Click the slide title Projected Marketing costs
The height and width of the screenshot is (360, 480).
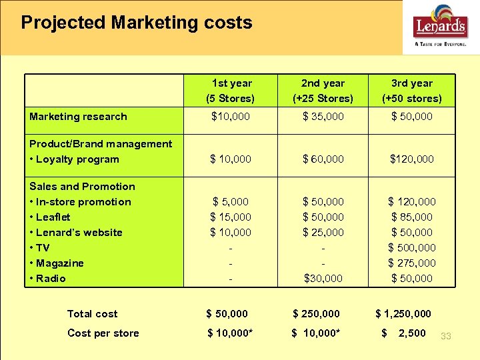(137, 23)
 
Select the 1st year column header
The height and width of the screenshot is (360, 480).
(231, 91)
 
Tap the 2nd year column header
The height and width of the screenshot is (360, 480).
(323, 91)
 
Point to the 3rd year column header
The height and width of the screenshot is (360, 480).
(411, 91)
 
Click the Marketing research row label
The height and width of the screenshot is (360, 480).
(78, 117)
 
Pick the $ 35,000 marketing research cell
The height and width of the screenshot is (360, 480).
(323, 117)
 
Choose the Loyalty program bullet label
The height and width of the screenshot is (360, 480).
(74, 159)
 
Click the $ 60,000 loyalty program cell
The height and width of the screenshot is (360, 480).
(323, 159)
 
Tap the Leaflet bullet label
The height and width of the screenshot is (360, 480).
(50, 217)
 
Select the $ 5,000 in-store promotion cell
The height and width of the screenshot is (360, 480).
(231, 202)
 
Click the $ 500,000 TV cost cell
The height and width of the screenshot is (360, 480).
(412, 248)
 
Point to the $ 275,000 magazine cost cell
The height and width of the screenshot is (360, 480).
(412, 263)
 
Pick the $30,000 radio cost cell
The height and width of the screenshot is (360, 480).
(323, 279)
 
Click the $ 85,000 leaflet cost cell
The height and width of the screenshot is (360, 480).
(412, 217)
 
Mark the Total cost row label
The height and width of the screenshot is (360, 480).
(92, 314)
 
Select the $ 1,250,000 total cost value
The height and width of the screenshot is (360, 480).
(403, 314)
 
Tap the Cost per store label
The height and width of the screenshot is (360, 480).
(103, 333)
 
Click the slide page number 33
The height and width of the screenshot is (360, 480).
(445, 337)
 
